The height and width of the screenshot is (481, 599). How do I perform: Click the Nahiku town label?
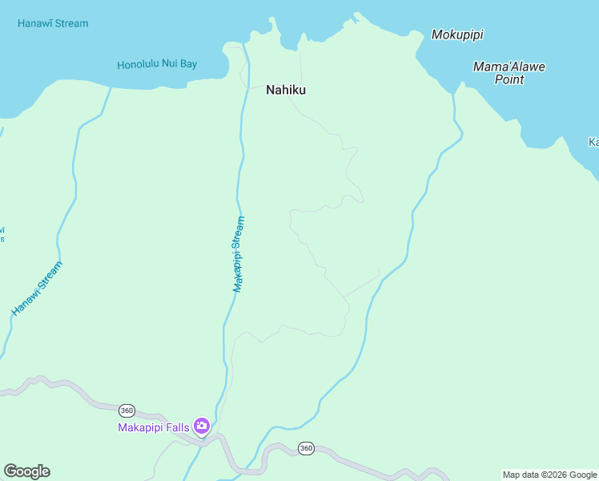(286, 91)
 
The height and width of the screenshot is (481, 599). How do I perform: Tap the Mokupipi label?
(457, 34)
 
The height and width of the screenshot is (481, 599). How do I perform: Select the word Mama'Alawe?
(509, 67)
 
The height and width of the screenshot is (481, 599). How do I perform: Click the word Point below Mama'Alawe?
(509, 79)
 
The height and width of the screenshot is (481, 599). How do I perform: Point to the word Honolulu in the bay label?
(139, 65)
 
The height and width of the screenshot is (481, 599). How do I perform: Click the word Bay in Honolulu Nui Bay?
(189, 64)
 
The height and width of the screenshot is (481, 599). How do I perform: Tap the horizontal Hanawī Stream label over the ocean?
(53, 23)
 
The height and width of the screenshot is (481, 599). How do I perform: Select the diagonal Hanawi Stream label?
(37, 289)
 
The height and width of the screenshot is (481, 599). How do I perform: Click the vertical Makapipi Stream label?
(239, 253)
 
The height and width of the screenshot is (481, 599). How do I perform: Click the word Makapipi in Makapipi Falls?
(142, 427)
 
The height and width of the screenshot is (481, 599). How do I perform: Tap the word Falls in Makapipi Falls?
(178, 427)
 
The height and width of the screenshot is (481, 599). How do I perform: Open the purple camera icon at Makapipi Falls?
(202, 426)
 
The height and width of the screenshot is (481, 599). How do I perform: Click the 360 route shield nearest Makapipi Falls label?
(126, 410)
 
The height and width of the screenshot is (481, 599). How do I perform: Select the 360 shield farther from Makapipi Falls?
(306, 448)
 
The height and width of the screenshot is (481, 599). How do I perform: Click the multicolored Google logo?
(26, 471)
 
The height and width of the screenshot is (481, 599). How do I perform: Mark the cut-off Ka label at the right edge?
(593, 142)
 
